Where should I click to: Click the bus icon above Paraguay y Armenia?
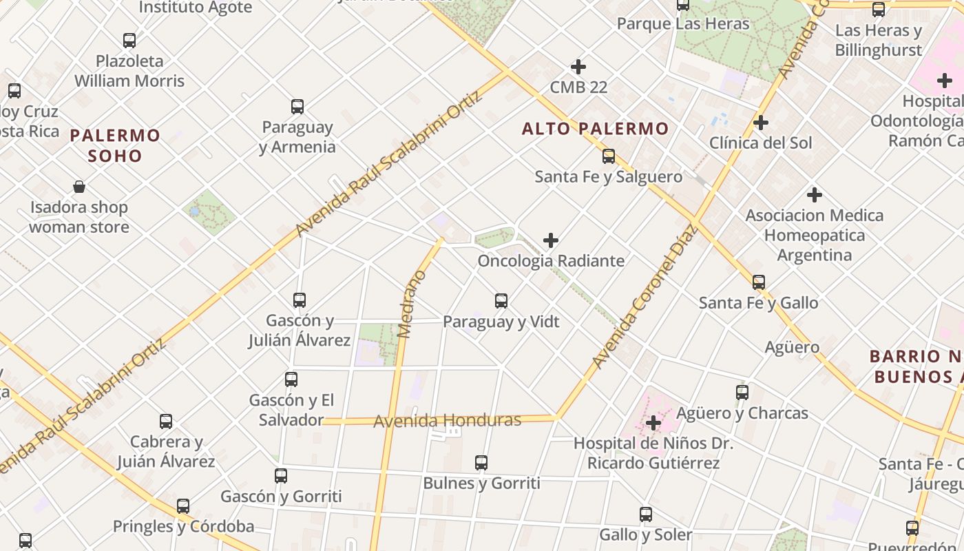pos(297,107)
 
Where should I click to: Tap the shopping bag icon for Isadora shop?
pos(79,187)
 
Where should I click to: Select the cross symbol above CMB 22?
pos(578,67)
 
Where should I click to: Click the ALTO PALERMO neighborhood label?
pos(595,129)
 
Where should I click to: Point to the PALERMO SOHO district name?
pos(115,145)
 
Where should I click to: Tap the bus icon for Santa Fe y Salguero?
pos(609,156)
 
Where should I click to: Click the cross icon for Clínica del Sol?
pos(761,123)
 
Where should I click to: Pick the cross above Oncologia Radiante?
pos(551,240)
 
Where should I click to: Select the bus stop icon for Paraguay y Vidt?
pos(501,301)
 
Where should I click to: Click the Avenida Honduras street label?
pos(447,420)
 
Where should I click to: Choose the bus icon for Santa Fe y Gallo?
pos(759,282)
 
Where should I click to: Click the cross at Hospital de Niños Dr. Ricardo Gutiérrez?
pos(653,422)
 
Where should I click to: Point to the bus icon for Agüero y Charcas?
pos(742,393)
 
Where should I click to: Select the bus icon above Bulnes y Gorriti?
pos(481,463)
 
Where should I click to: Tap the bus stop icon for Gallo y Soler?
pos(646,514)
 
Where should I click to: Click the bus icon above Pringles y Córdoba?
pos(183,506)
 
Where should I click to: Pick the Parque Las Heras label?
pos(682,24)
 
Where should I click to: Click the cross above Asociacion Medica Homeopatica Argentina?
pos(815,195)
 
